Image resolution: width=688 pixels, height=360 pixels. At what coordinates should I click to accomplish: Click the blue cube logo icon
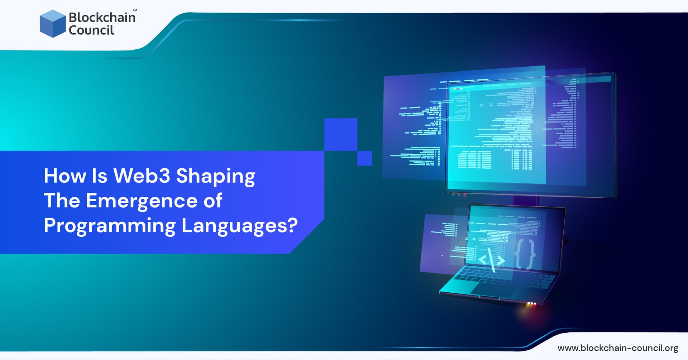pyautogui.click(x=53, y=24)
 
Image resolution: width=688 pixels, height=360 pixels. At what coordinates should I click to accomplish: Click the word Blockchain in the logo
pyautogui.click(x=102, y=17)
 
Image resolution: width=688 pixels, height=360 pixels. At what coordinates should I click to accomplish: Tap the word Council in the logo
pyautogui.click(x=91, y=30)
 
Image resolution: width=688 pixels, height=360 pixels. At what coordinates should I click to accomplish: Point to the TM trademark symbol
pyautogui.click(x=135, y=10)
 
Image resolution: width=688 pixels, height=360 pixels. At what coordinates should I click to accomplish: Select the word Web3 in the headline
pyautogui.click(x=142, y=176)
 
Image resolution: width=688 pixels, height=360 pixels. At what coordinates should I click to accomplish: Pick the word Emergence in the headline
pyautogui.click(x=142, y=201)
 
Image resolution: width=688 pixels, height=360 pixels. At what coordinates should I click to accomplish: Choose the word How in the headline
pyautogui.click(x=65, y=176)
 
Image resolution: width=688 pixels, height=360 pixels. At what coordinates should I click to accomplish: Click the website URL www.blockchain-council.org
pyautogui.click(x=618, y=348)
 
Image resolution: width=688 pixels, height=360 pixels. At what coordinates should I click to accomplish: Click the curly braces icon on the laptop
pyautogui.click(x=525, y=254)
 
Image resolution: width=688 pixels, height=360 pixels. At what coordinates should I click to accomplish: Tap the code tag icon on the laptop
pyautogui.click(x=492, y=260)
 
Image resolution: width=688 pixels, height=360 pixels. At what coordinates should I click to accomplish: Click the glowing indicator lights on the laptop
pyautogui.click(x=531, y=304)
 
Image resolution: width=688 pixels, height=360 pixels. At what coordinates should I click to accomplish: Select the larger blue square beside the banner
pyautogui.click(x=340, y=134)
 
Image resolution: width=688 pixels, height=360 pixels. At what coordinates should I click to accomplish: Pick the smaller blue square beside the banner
pyautogui.click(x=364, y=158)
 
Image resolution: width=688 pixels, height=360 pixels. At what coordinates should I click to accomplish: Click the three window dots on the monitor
pyautogui.click(x=458, y=88)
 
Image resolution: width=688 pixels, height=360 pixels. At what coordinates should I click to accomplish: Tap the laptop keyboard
pyautogui.click(x=502, y=276)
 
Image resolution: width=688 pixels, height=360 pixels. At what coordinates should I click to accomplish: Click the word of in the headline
pyautogui.click(x=213, y=201)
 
